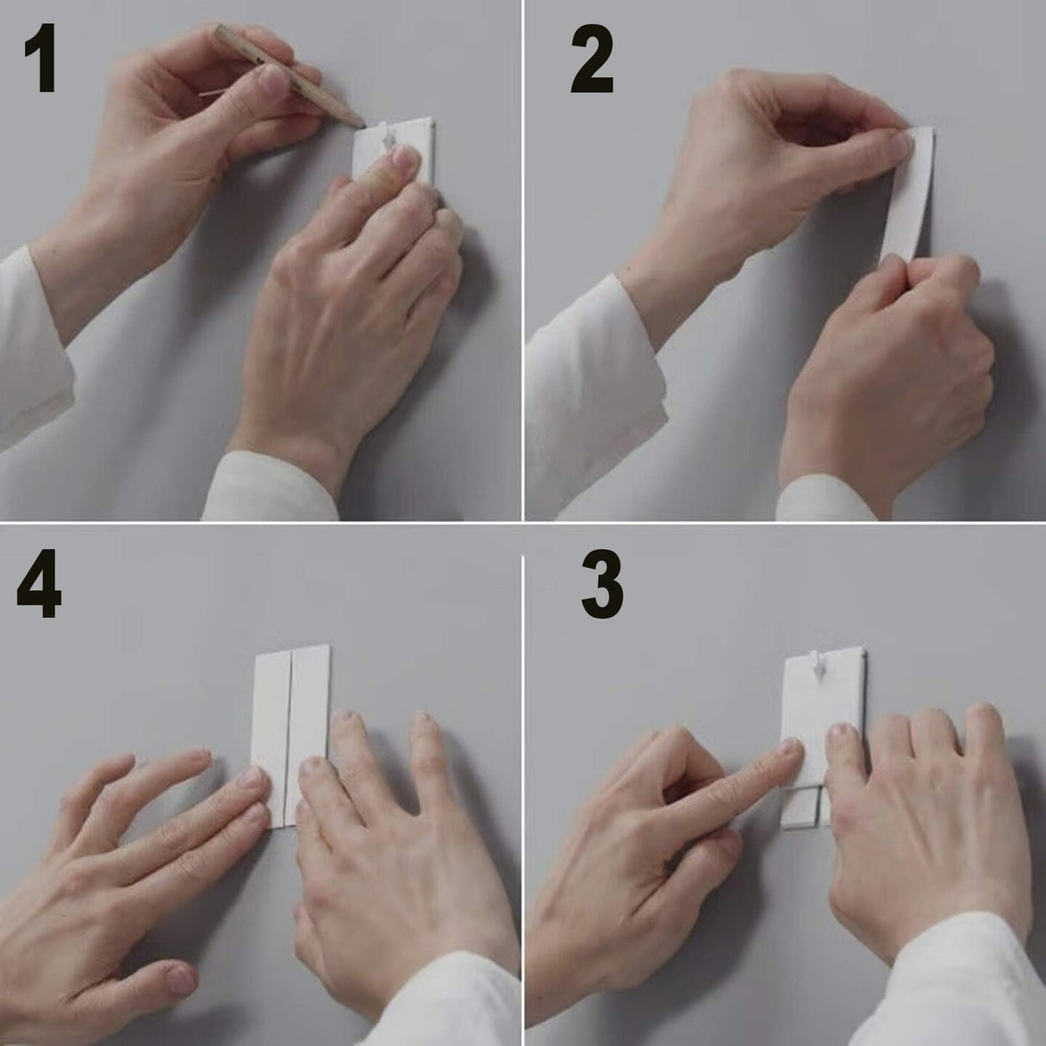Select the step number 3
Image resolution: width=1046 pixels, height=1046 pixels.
point(601,586)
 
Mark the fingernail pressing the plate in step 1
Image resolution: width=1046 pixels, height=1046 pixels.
point(402,159)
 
